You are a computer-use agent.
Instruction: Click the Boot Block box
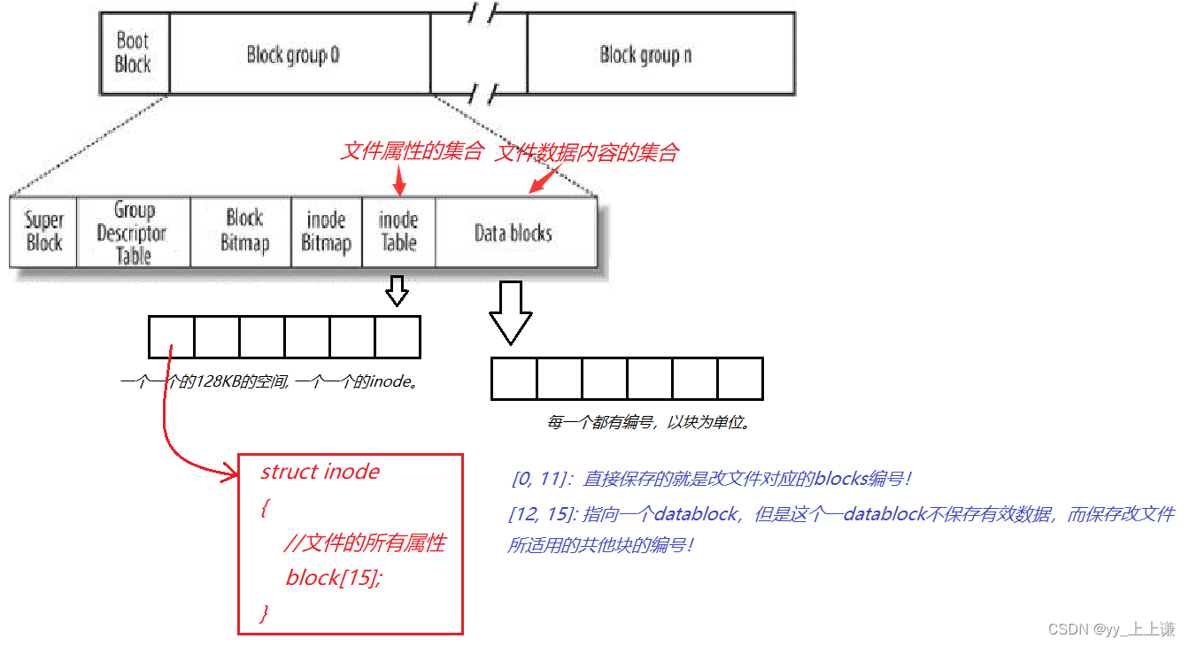tap(133, 53)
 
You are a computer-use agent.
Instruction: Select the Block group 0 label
tap(293, 55)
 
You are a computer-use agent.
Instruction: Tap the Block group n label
tap(645, 55)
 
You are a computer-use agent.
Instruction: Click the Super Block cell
tap(43, 232)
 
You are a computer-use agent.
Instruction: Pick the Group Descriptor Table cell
tap(133, 233)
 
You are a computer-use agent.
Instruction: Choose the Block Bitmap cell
tap(244, 231)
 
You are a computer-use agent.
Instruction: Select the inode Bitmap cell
tap(326, 232)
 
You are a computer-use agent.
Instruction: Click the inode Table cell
tap(398, 231)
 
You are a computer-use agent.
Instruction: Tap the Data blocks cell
tap(513, 233)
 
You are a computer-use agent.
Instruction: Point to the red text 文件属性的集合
tap(411, 151)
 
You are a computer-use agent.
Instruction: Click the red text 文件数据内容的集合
tap(586, 152)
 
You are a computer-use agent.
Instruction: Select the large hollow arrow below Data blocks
tap(511, 312)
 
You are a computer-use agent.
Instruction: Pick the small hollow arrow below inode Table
tap(397, 290)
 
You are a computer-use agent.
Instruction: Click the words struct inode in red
tap(320, 472)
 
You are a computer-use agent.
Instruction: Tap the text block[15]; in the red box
tap(334, 578)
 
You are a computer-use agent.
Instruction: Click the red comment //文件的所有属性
tap(364, 542)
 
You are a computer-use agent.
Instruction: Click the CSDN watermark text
tap(1111, 629)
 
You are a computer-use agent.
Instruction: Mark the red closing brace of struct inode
tap(264, 612)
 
